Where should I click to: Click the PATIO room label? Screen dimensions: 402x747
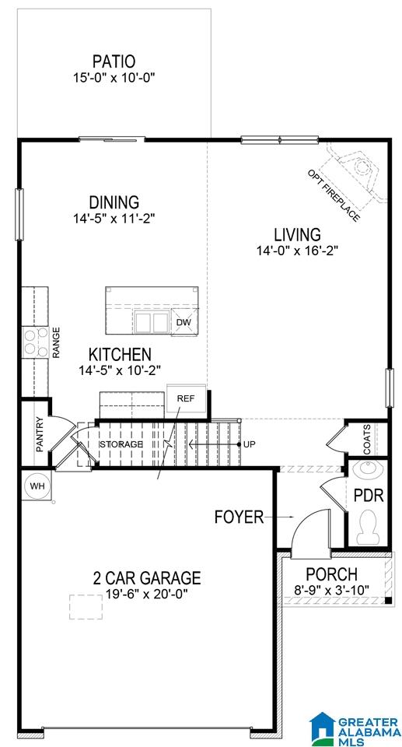pos(114,61)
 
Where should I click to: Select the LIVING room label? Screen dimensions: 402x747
pos(297,235)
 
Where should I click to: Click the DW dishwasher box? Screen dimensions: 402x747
pos(184,322)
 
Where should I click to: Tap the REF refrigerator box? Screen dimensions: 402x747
pos(186,399)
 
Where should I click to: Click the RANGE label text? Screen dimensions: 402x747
pos(56,342)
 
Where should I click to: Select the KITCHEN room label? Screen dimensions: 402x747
pos(120,355)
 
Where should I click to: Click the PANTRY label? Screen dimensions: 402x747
pos(40,434)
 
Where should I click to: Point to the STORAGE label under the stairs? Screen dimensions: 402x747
pos(121,444)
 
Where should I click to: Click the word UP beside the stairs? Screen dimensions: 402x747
pos(250,444)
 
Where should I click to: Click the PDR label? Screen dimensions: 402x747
pos(369,496)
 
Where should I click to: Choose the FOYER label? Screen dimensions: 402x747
pos(239,517)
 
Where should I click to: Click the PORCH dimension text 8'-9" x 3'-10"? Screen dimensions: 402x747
pos(332,590)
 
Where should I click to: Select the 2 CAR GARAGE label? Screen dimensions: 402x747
pos(147,578)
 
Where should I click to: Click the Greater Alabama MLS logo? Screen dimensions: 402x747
pos(355,728)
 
